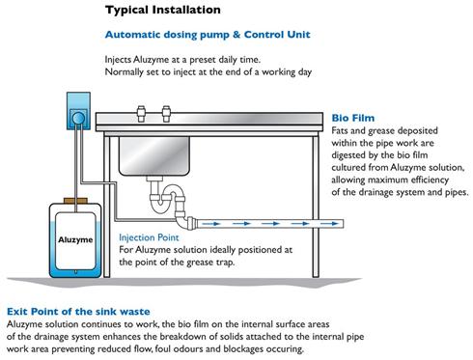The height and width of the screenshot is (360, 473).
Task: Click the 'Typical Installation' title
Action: point(163,10)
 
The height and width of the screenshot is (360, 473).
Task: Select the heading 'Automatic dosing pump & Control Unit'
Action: point(208,35)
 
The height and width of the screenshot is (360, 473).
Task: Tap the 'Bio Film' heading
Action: point(353,118)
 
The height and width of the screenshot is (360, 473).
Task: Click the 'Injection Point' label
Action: point(149,237)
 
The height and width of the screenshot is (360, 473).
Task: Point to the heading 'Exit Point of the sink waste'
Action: point(78,312)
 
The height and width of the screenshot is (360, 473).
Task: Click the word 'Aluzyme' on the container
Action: point(75,239)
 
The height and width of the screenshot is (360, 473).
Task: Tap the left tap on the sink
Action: point(141,114)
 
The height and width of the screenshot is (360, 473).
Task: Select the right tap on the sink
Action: point(166,114)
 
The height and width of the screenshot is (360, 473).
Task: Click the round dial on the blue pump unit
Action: point(78,119)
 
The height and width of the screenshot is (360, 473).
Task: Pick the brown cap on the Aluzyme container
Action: point(75,201)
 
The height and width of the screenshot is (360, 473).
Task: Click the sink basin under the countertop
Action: point(154,156)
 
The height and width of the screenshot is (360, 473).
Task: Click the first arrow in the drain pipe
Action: point(211,224)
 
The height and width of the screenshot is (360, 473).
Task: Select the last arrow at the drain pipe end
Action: point(330,224)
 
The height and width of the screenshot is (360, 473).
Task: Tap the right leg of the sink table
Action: point(316,206)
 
